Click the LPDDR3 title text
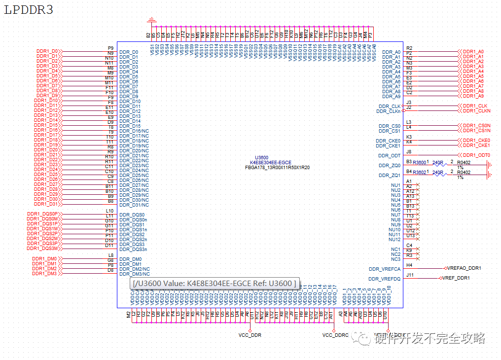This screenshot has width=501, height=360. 29,10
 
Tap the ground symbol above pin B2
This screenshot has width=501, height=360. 152,20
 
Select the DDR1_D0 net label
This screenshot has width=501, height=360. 48,51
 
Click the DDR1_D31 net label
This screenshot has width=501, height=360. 47,204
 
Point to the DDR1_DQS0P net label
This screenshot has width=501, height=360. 43,214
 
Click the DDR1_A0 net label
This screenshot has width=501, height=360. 473,51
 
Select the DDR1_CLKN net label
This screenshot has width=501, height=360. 476,111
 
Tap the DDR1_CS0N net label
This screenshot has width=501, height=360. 476,126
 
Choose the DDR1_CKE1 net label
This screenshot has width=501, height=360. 476,145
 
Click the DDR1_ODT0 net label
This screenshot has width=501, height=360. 476,155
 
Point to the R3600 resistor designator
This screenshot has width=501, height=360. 420,162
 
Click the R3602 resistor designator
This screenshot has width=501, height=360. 420,172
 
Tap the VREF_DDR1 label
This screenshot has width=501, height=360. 456,278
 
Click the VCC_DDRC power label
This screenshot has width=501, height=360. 335,335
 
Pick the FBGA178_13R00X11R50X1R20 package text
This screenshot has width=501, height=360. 277,168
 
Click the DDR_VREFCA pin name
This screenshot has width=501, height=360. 385,269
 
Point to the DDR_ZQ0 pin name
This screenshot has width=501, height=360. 390,166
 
